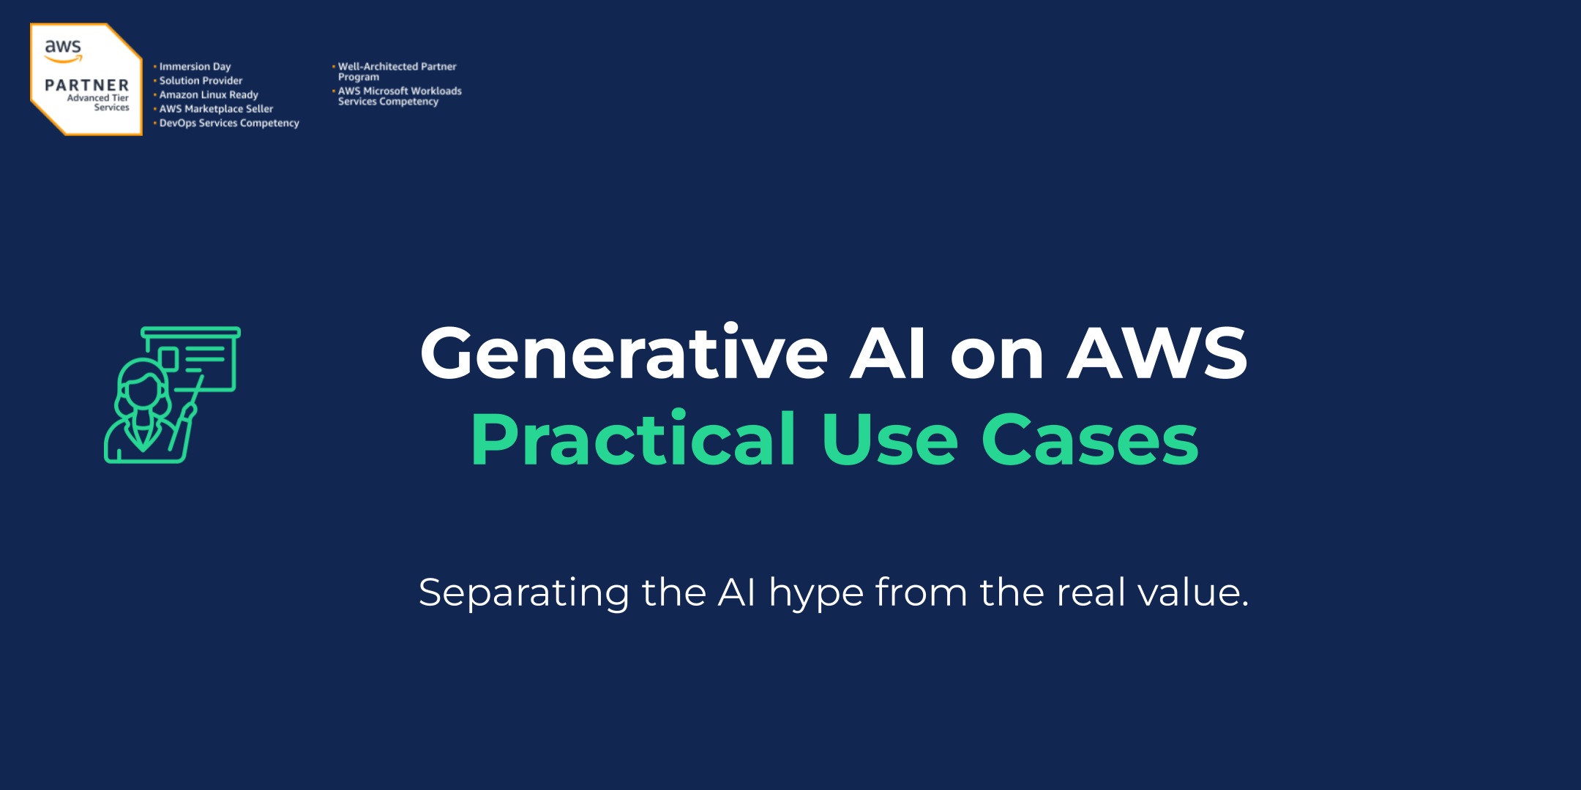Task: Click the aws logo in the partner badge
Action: pos(63,50)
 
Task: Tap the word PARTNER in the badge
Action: pos(86,86)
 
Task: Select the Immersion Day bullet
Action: pos(195,67)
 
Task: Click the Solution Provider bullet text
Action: pos(201,80)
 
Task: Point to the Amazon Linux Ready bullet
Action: pos(209,94)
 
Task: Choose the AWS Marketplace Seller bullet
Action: pos(216,109)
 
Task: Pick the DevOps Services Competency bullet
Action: pos(229,123)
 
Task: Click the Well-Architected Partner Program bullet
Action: pos(397,71)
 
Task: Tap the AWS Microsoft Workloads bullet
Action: pos(400,96)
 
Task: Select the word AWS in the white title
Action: pos(1157,354)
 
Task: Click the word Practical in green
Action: pos(634,440)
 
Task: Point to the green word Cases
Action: pos(1090,440)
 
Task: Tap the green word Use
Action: pos(889,440)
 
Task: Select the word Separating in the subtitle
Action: pos(523,593)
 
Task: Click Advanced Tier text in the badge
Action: pos(97,98)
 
